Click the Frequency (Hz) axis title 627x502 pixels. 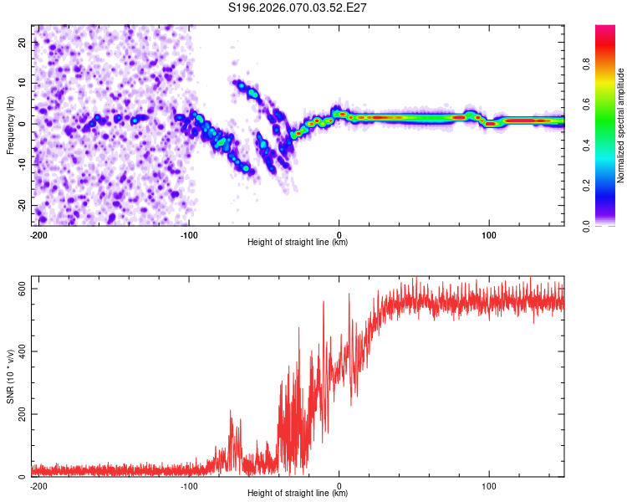tap(10, 125)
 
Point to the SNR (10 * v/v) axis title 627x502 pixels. tap(10, 376)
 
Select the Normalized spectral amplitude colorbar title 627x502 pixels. tap(621, 125)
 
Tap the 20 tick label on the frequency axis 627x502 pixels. tap(23, 42)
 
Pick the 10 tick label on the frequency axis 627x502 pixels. tap(23, 83)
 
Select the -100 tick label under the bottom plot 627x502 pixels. tap(188, 485)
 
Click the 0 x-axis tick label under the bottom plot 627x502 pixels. tap(339, 485)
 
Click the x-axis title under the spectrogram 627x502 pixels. tap(298, 243)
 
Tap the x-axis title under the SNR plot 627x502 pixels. tap(298, 493)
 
